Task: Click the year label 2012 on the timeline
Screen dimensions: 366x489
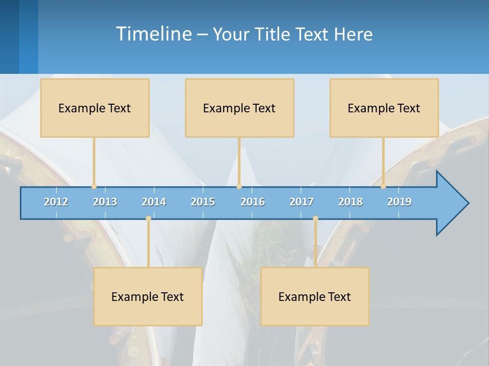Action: (x=56, y=202)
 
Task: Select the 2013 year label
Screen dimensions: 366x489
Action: (x=105, y=202)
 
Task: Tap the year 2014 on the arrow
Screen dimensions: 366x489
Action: (x=154, y=202)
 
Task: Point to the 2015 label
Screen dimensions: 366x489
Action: (x=203, y=202)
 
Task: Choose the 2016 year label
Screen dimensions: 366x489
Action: (x=253, y=202)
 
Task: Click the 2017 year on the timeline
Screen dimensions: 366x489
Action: (x=302, y=202)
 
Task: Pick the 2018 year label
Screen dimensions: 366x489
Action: (x=350, y=202)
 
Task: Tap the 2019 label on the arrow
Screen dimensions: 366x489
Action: (x=399, y=202)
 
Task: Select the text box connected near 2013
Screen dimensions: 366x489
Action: (x=95, y=108)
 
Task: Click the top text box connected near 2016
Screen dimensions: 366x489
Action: (x=239, y=108)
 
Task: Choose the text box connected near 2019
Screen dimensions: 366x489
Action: (x=384, y=108)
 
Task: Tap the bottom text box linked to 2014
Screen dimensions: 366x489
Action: (x=148, y=296)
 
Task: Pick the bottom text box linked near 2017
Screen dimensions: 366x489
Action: (x=315, y=296)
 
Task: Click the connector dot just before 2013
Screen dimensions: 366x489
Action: (x=94, y=187)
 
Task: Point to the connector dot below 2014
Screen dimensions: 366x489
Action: (x=148, y=219)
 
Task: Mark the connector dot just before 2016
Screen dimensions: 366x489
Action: (x=239, y=187)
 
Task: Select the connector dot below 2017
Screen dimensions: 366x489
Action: (x=315, y=219)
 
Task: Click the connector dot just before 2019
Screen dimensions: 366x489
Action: (x=383, y=187)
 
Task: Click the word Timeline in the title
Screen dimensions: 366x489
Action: (x=153, y=34)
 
